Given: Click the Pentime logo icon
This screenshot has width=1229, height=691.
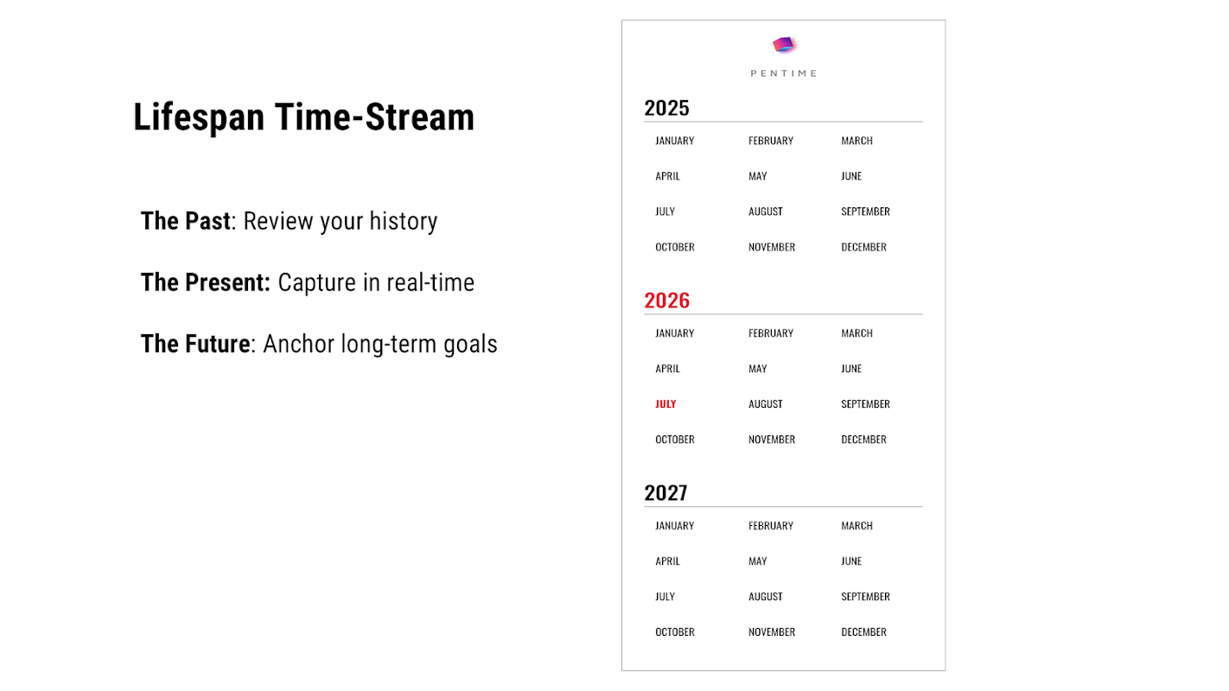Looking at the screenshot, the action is click(784, 44).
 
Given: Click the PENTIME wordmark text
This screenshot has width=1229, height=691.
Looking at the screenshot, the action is click(784, 73).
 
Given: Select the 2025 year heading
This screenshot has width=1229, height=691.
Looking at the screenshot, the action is click(666, 108).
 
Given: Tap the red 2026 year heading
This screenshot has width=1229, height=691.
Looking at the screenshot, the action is click(666, 301).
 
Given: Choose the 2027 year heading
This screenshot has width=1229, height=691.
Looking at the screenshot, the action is click(665, 493).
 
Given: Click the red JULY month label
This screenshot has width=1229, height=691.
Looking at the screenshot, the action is click(665, 404).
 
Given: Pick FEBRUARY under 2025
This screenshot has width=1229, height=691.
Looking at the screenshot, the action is click(771, 141).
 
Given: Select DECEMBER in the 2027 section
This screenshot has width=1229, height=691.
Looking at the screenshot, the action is click(863, 632).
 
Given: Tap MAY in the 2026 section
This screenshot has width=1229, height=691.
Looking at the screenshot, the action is click(758, 369).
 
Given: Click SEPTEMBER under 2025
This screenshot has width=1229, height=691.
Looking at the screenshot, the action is click(865, 212).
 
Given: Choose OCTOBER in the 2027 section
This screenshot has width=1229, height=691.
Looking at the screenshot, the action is click(675, 632).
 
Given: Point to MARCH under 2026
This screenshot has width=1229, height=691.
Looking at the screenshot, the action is click(856, 333).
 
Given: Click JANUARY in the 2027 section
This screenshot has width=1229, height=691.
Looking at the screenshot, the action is click(675, 526).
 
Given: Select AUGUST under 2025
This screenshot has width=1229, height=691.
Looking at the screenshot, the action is click(766, 212).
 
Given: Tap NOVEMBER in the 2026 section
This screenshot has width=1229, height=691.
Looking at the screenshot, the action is click(772, 440).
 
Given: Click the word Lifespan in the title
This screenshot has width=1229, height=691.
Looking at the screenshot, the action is click(199, 117).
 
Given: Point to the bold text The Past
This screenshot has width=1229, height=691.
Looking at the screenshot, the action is click(186, 221).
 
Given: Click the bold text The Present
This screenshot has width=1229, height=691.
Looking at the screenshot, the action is click(205, 282).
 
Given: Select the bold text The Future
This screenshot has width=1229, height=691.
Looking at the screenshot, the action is click(195, 344).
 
